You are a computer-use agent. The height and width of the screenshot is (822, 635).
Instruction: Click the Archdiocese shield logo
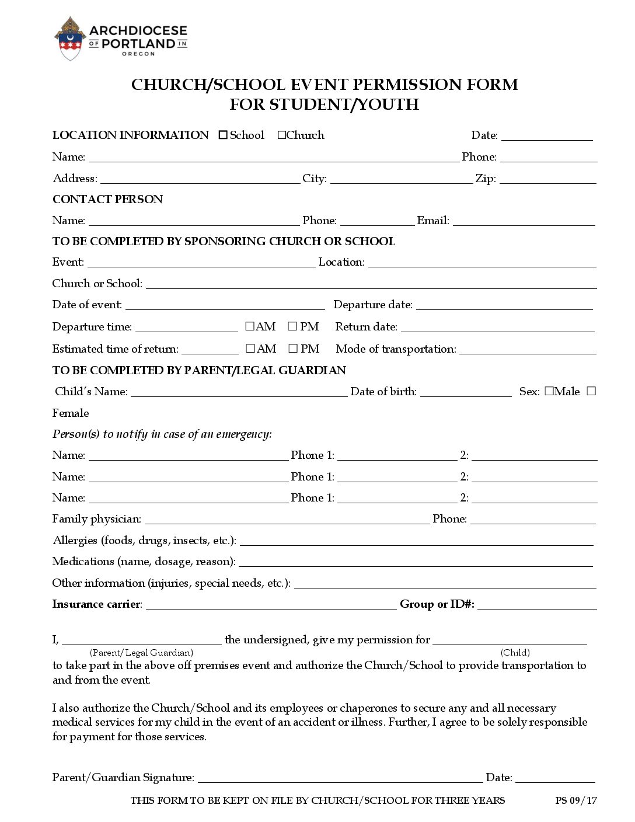[x=69, y=39]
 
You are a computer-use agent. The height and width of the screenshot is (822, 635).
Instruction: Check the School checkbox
[x=223, y=135]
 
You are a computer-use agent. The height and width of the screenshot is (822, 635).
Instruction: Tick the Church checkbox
[x=282, y=135]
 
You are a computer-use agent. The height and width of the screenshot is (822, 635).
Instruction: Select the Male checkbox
[x=549, y=392]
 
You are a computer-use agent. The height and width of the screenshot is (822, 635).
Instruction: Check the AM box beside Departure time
[x=250, y=326]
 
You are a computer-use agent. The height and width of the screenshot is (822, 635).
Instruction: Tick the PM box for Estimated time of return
[x=293, y=349]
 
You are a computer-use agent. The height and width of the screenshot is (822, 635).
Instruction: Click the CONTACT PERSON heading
[x=107, y=200]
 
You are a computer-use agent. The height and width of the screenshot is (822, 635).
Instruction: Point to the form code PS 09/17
[x=575, y=800]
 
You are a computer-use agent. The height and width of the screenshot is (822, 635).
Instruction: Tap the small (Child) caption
[x=515, y=653]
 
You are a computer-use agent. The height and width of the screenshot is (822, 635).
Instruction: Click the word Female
[x=71, y=413]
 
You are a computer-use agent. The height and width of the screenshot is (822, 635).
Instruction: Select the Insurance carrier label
[x=96, y=604]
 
